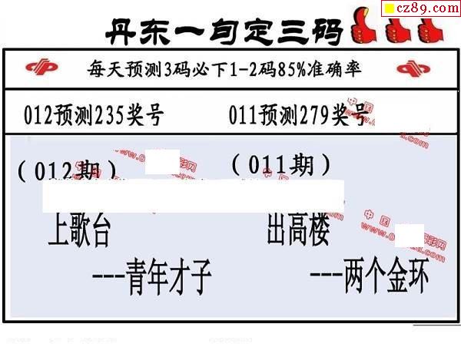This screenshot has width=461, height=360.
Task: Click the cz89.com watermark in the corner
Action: [x=421, y=8]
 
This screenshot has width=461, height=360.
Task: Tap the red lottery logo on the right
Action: [x=415, y=69]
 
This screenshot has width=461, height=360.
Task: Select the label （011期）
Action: [x=281, y=164]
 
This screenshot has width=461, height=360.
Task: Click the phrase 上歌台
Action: [x=79, y=233]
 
